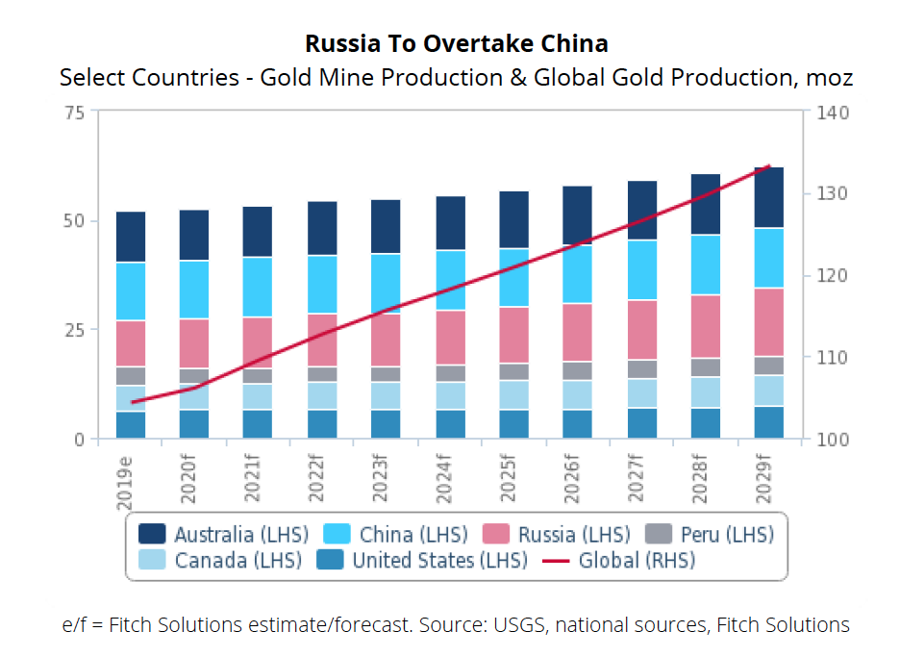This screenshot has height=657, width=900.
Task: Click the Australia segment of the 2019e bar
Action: point(131,236)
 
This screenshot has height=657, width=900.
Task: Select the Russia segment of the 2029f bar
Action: point(768,322)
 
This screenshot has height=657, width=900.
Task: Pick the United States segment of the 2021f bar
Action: point(258,424)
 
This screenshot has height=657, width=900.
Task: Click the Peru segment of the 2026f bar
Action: point(577,370)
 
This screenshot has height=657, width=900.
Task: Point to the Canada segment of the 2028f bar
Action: point(705,392)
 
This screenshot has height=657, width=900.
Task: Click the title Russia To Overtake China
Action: point(456,44)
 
